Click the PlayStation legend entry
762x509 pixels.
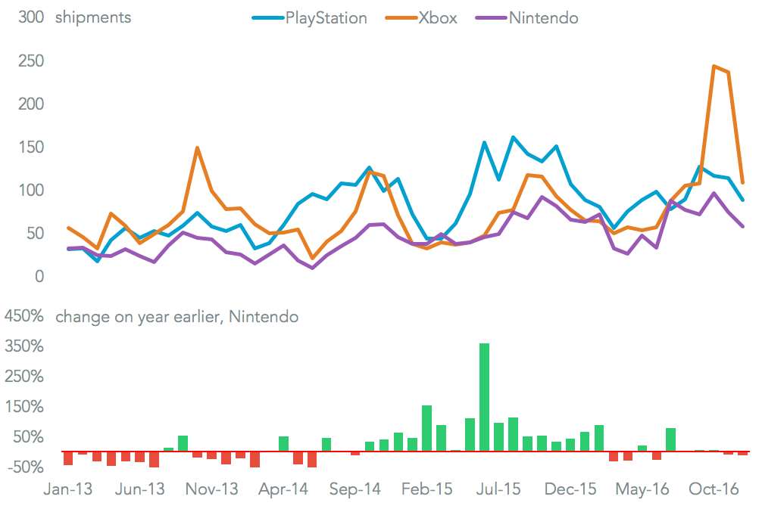click(x=326, y=17)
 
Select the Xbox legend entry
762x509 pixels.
click(x=438, y=17)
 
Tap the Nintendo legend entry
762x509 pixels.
click(x=543, y=17)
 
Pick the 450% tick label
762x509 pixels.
click(x=25, y=316)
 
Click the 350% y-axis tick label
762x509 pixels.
click(x=25, y=346)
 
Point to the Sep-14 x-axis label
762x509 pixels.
click(x=355, y=489)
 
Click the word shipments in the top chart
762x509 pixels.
click(x=92, y=17)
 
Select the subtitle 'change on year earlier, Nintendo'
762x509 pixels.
click(x=176, y=316)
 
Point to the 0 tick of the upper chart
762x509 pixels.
click(x=40, y=276)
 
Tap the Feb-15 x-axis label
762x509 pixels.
click(x=427, y=489)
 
